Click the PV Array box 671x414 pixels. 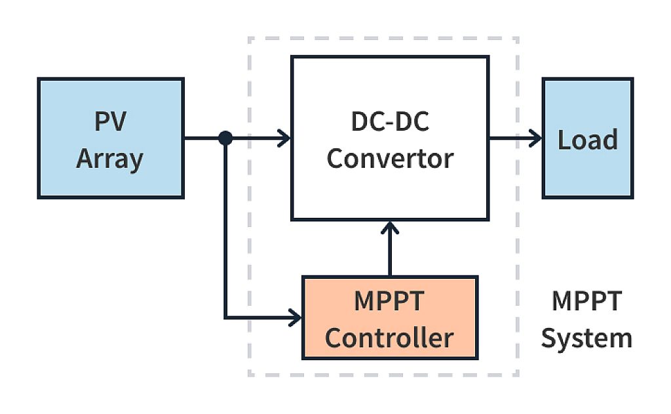(110, 138)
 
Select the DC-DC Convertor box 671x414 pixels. (390, 138)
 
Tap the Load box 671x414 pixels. (587, 138)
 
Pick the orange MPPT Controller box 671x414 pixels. (390, 318)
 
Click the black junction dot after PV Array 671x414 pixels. (225, 138)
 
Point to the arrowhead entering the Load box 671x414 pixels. (537, 138)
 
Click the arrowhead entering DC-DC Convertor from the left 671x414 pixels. (285, 138)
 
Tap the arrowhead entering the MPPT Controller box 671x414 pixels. (296, 319)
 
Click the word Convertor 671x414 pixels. (390, 158)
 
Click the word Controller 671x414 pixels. (389, 338)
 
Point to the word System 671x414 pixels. (586, 339)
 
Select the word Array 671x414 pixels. (109, 159)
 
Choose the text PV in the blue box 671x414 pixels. (109, 122)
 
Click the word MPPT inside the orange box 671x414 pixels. (389, 301)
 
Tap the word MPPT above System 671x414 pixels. (586, 301)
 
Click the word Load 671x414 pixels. (587, 139)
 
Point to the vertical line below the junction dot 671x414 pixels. (225, 230)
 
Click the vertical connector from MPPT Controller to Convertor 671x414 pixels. (390, 253)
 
